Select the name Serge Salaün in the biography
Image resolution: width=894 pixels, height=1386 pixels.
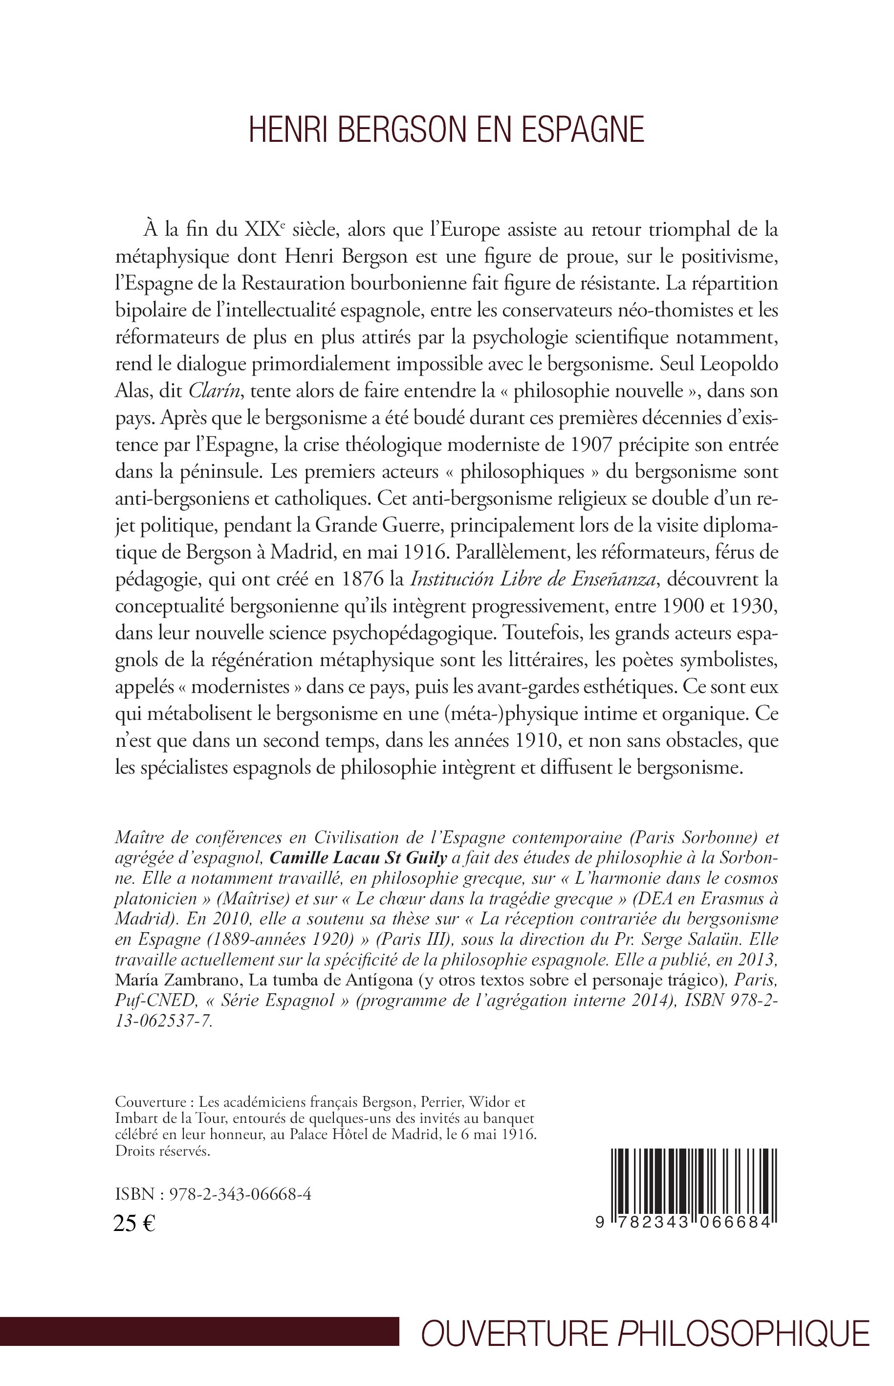[681, 939]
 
